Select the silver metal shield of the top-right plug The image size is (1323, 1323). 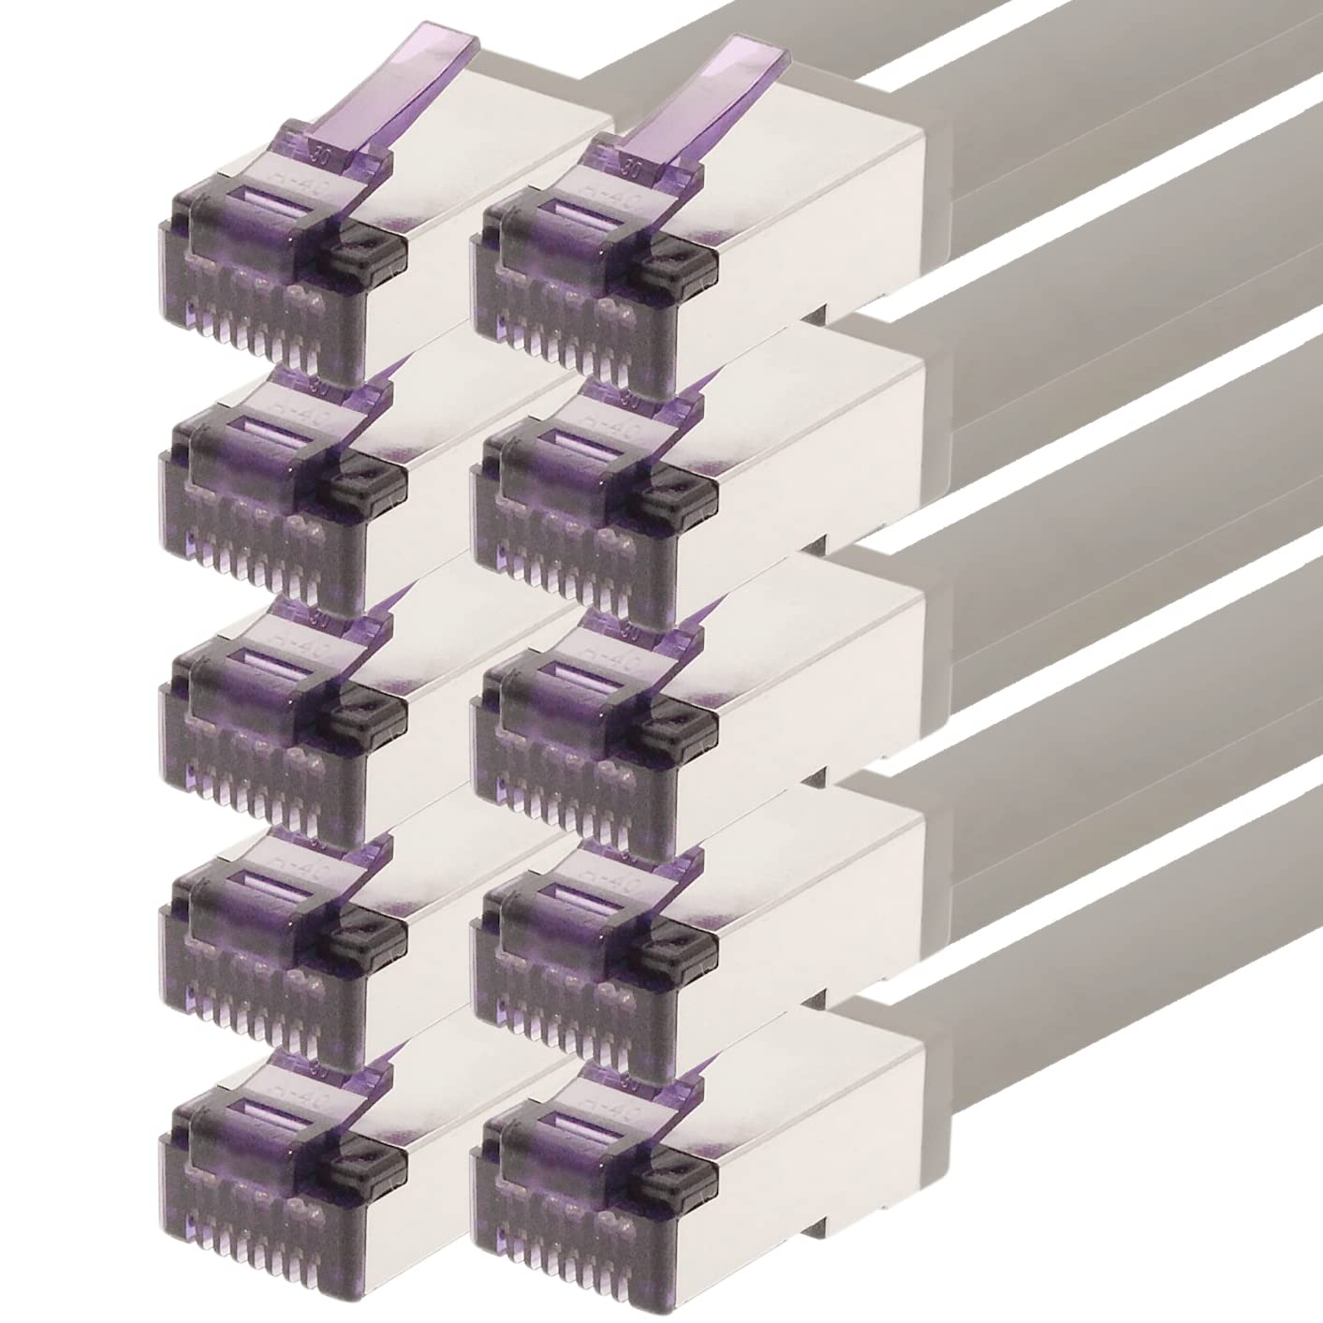tap(824, 215)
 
